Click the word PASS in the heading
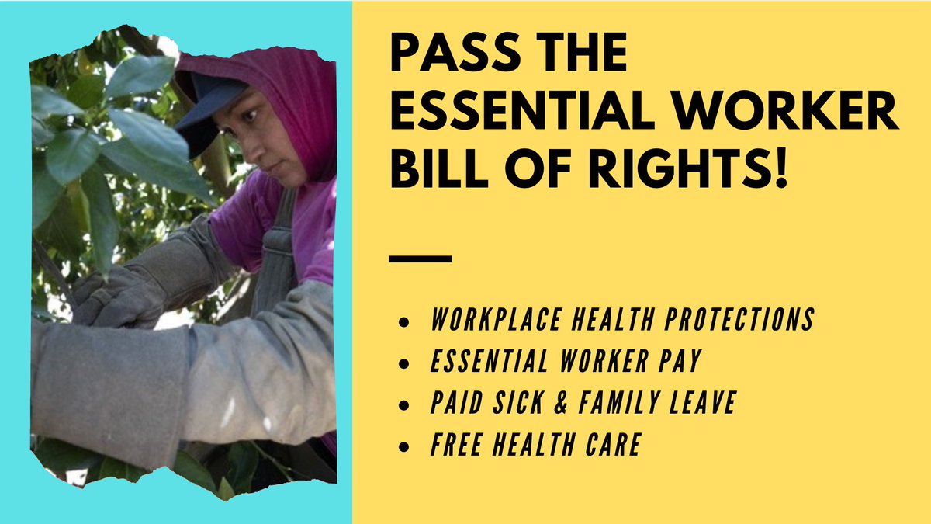448,56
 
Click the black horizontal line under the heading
420,259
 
